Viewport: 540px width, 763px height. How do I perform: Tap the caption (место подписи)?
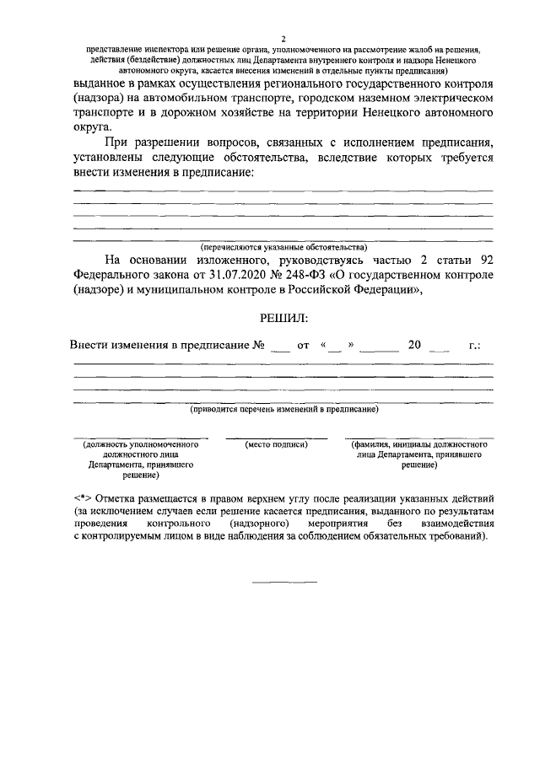(276, 443)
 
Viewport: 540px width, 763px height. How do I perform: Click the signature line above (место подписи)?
(276, 438)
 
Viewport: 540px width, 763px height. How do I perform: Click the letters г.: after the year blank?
(473, 346)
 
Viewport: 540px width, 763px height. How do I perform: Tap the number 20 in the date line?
(413, 346)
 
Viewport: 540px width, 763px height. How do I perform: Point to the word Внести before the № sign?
(91, 346)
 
